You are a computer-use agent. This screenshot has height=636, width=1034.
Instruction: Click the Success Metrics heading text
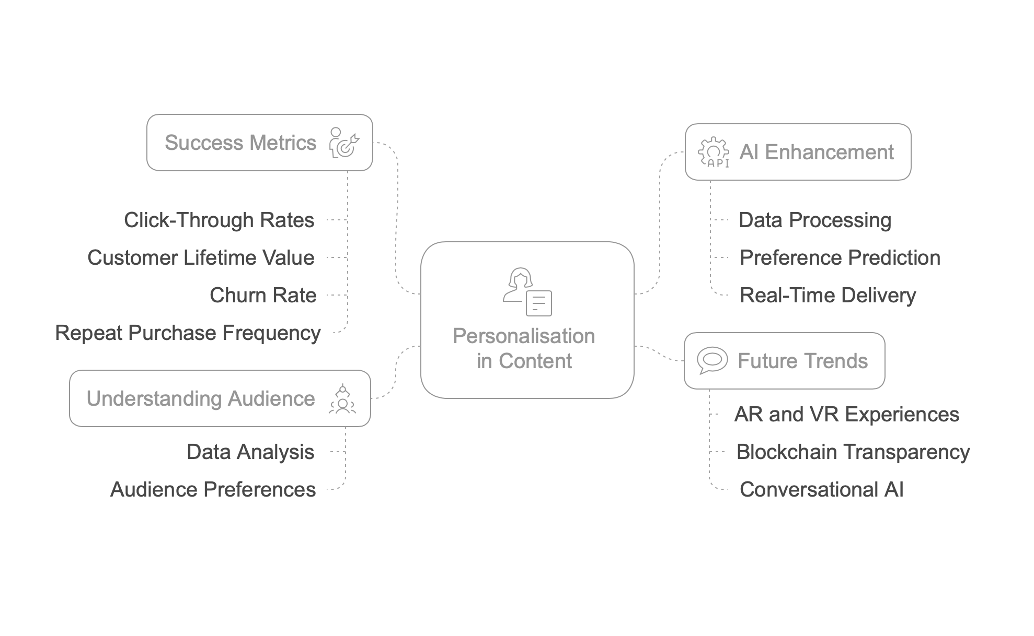point(240,143)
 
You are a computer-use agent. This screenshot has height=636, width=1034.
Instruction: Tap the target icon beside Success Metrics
point(344,143)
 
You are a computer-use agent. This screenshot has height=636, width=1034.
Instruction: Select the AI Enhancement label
point(816,152)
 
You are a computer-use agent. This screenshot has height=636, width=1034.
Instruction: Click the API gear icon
point(714,152)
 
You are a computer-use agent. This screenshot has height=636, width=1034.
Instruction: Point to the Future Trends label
point(802,361)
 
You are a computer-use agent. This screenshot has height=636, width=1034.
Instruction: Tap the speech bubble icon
point(712,360)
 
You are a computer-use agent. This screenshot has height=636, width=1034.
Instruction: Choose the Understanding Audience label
point(201,398)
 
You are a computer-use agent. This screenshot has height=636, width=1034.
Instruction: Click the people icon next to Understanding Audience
point(342,399)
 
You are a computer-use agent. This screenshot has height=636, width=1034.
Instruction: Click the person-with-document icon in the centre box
point(527,292)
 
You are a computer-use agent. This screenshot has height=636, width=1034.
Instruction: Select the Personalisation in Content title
point(524,348)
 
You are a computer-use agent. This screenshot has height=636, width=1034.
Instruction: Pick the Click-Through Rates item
point(219,220)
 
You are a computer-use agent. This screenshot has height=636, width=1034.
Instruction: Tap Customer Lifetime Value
point(201,257)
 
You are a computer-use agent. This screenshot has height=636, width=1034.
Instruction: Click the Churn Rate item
point(263,295)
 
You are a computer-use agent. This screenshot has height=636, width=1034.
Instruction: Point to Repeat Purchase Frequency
point(188,333)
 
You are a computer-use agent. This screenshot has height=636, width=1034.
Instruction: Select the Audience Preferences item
point(213,489)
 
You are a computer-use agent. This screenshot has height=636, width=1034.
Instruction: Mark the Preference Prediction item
point(840,257)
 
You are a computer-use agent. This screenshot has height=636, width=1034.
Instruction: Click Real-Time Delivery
point(828,295)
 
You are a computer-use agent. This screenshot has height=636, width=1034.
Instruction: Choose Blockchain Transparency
point(853,452)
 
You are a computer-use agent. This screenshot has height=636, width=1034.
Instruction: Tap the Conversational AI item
point(821,489)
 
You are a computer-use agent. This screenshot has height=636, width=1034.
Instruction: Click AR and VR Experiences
point(846,414)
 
